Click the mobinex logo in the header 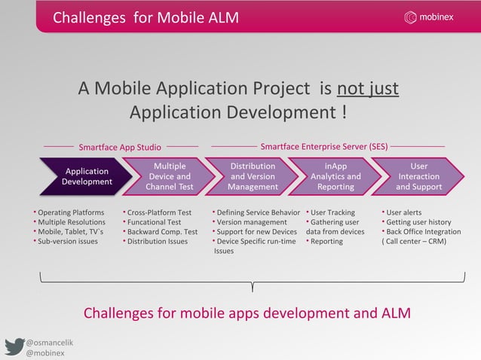tap(440, 17)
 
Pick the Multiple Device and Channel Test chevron tap(168, 176)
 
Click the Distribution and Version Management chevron tap(253, 176)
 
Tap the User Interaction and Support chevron tap(419, 176)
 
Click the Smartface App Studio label tap(120, 147)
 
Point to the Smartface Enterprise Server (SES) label tap(324, 146)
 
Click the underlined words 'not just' tap(368, 90)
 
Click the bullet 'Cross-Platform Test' tap(159, 212)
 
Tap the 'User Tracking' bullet tap(332, 212)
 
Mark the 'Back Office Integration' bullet tap(423, 232)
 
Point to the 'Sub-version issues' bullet tap(68, 242)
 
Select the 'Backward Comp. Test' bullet tap(162, 232)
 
